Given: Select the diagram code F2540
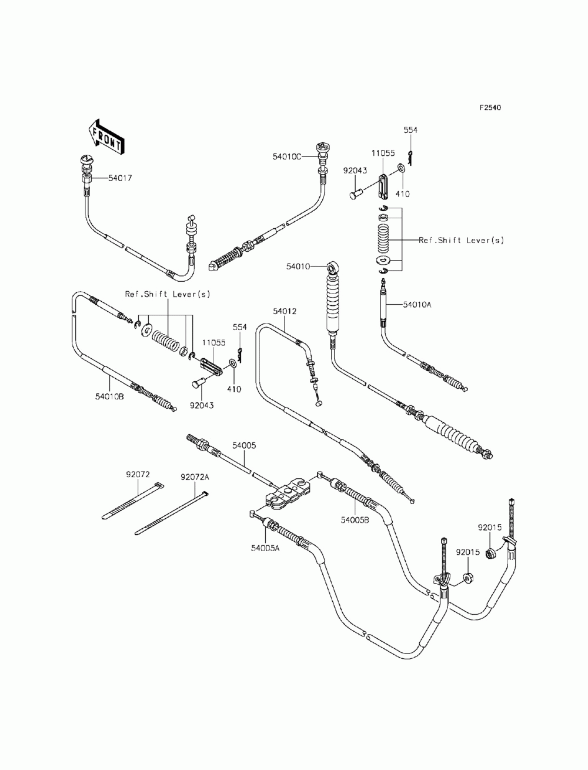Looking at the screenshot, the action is (x=490, y=108).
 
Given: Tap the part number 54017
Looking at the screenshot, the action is (x=120, y=178).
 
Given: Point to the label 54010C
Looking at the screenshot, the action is (x=287, y=157).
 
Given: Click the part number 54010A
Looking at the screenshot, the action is (x=417, y=305).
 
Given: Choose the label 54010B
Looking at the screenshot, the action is (x=109, y=396).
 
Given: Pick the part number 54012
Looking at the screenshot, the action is (x=285, y=311).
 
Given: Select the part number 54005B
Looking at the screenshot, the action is (x=355, y=520).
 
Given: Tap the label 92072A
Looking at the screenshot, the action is (x=195, y=478).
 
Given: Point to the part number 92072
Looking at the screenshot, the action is (x=138, y=475).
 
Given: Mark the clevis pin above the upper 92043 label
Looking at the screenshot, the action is (x=356, y=194).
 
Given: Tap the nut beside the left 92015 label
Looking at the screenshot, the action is (x=468, y=576).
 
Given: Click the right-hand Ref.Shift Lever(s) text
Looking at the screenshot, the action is (x=461, y=241).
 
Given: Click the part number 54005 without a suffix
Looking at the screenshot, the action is (x=244, y=445).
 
